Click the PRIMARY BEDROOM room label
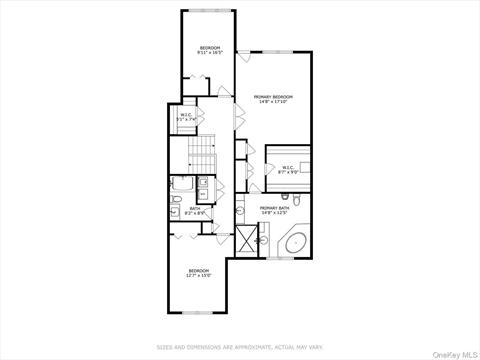pos(274,98)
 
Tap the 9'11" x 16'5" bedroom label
pos(209,50)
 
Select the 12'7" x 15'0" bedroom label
pos(199,272)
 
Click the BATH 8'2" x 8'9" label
pos(195,211)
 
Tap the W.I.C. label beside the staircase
pos(187,118)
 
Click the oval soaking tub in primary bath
pos(296,243)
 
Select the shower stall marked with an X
pos(247,239)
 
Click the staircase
pos(203,152)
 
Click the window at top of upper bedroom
pos(209,11)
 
